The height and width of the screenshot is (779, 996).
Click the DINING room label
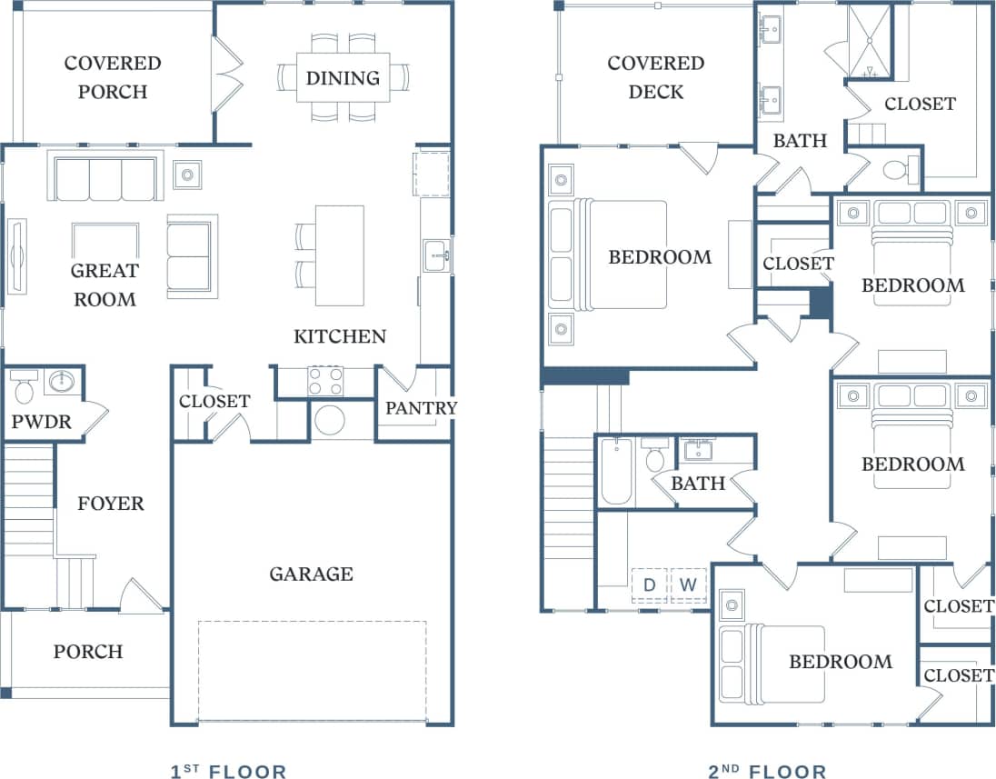[343, 78]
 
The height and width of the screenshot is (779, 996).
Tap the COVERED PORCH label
[113, 77]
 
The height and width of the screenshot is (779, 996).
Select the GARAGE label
[311, 574]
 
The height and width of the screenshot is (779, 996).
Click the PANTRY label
[421, 408]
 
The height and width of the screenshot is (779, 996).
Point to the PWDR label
[41, 422]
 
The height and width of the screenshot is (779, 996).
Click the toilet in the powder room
[25, 386]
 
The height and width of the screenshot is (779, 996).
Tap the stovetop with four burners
[324, 380]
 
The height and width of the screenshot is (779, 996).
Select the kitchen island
[339, 255]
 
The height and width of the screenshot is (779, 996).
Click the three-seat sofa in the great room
[105, 178]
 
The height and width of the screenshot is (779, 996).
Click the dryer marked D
[649, 585]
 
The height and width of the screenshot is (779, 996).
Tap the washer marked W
[688, 585]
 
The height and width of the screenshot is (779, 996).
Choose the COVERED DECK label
[656, 77]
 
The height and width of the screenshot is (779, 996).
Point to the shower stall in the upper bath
[870, 41]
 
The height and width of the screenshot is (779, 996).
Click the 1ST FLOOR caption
[228, 772]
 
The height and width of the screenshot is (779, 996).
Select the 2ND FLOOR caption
[768, 772]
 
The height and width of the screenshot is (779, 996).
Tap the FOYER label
[110, 504]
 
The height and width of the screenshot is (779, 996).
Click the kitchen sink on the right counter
[436, 255]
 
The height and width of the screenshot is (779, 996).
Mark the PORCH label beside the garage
[87, 652]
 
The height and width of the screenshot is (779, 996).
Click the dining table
[343, 78]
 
